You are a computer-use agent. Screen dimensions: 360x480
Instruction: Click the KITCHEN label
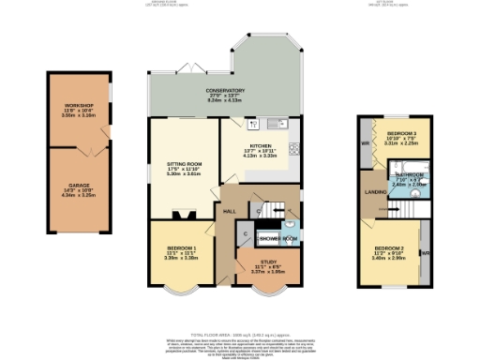[x=261, y=146]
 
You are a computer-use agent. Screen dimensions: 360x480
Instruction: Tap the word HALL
[x=228, y=212]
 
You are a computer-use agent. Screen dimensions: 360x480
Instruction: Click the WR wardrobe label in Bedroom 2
[x=425, y=252]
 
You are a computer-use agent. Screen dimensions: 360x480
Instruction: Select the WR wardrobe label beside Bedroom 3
[x=365, y=142]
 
